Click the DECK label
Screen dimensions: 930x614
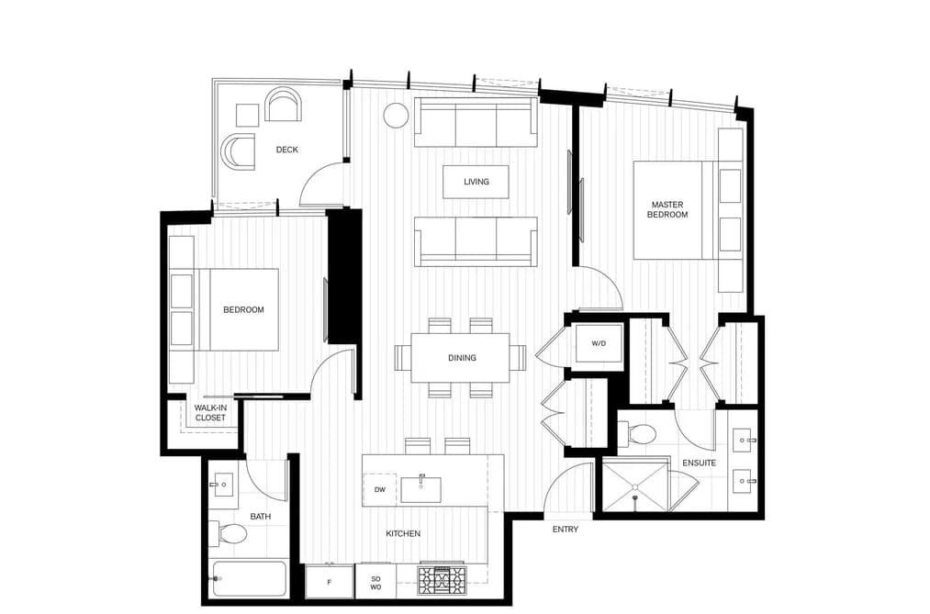pos(287,150)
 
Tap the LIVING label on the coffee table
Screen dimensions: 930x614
pos(476,182)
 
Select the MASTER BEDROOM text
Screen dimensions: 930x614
pos(667,210)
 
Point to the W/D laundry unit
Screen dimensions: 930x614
pos(599,344)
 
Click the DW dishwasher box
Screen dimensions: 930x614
pos(379,489)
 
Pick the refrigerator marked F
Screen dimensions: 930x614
pos(330,582)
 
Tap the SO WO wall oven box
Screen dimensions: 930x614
pos(375,582)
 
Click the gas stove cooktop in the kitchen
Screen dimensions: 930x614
pos(442,580)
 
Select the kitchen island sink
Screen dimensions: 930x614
pos(421,489)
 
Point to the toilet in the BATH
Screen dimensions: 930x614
pos(231,533)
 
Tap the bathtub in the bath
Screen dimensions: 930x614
pos(249,579)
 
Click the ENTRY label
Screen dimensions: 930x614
pos(566,530)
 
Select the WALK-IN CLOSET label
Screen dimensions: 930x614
pos(210,412)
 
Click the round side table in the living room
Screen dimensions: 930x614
pos(397,115)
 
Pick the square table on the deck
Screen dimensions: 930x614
pos(247,115)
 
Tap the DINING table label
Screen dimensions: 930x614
pos(462,358)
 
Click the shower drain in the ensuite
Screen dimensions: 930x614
pos(635,487)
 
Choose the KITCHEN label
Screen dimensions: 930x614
pos(403,533)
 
